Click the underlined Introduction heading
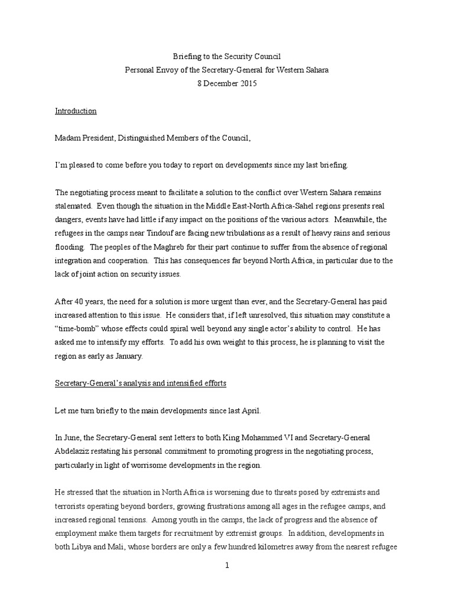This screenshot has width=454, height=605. click(76, 111)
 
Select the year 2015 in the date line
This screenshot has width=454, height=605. click(248, 84)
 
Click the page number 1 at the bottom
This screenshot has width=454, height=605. click(227, 565)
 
